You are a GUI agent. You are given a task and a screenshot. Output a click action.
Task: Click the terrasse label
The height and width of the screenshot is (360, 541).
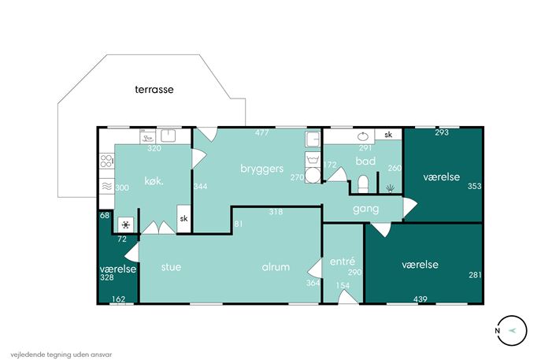(154, 90)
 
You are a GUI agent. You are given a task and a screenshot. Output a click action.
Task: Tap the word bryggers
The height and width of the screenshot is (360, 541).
(262, 169)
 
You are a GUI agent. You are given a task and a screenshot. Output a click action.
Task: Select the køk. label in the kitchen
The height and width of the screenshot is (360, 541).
(154, 181)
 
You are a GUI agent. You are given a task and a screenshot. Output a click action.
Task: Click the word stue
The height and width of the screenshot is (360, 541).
(171, 267)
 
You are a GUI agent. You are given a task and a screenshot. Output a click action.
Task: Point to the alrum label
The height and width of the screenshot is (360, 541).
(276, 267)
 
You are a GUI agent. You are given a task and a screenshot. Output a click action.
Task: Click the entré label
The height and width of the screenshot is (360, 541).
(343, 262)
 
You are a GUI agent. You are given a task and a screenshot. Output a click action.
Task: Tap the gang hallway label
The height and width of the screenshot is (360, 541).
(365, 209)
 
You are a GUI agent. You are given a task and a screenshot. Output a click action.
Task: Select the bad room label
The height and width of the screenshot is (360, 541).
(365, 161)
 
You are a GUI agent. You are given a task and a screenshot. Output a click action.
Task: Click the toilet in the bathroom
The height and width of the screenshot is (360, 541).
(363, 184)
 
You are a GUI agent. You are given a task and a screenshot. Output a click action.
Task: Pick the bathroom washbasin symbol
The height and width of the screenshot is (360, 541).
(362, 137)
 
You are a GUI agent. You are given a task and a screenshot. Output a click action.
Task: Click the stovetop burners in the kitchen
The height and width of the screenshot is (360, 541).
(106, 161)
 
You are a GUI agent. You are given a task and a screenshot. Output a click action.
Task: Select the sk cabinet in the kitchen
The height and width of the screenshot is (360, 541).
(184, 219)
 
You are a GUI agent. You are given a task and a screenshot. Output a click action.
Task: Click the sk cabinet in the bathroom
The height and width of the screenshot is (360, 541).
(388, 134)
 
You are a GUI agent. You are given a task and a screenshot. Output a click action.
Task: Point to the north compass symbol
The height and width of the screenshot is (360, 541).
(512, 330)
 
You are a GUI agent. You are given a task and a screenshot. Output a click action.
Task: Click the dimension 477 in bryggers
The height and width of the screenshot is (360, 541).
(262, 132)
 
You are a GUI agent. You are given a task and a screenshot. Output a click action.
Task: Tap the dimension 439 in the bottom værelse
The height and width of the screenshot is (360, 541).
(421, 299)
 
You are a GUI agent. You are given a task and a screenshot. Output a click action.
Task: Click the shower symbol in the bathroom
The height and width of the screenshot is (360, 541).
(391, 188)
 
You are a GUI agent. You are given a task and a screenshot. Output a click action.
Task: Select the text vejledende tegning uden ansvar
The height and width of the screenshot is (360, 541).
(61, 354)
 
